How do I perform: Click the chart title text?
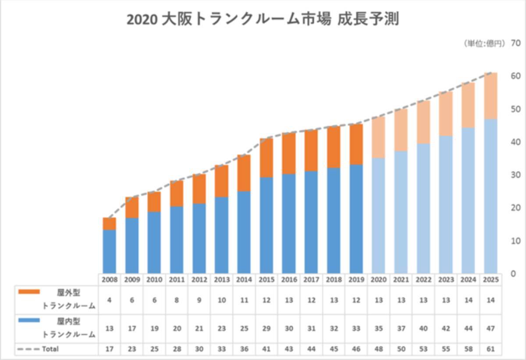(263, 20)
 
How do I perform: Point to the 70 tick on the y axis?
(515, 43)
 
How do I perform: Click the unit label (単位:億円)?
(484, 43)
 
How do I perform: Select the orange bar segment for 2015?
(267, 158)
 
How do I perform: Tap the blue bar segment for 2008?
(110, 251)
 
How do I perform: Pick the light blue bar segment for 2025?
(491, 196)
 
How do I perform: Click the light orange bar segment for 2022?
(423, 122)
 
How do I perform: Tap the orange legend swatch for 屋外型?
(29, 291)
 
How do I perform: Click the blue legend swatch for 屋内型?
(29, 320)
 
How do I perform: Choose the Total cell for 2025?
(491, 349)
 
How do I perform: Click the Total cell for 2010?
(154, 349)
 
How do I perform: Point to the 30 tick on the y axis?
(515, 175)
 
